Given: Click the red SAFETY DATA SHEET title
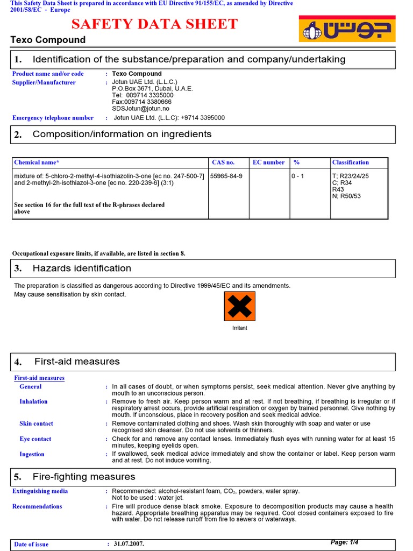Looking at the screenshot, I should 154,24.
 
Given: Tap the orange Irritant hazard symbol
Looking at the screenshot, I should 239,306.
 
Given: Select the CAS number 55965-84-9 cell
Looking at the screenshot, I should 226,176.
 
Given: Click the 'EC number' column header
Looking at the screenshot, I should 269,163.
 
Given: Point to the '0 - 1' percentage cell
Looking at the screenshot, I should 298,176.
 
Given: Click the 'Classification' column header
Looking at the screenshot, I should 351,163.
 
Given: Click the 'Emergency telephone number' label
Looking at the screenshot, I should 53,118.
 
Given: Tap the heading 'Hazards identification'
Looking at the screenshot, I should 82,269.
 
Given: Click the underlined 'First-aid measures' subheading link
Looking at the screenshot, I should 39,378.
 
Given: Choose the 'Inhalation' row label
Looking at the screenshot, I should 33,401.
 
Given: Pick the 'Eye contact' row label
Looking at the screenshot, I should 35,439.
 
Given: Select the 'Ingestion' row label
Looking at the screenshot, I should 32,454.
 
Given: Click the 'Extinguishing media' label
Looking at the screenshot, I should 40,491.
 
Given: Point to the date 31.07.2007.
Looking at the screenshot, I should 129,544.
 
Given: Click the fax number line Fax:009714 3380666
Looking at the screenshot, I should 141,102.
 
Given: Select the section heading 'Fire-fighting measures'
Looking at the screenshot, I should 84,477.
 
